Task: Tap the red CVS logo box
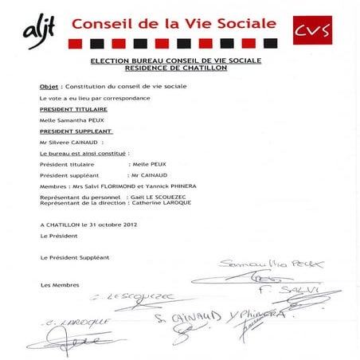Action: [313, 31]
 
